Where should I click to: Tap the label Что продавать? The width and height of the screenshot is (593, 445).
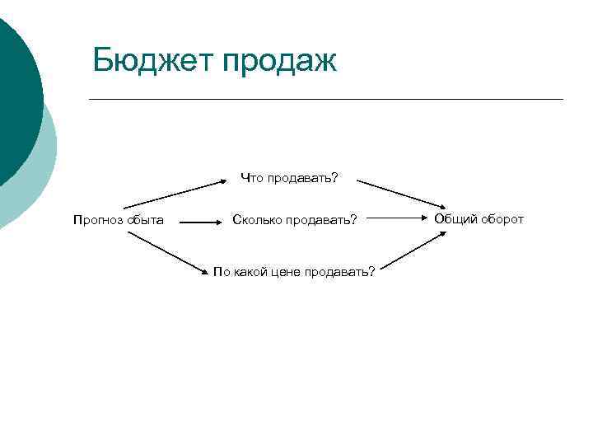289,177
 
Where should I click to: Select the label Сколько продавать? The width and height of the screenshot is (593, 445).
295,220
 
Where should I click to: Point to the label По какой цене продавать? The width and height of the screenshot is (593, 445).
294,271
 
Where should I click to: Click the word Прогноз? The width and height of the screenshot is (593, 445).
97,220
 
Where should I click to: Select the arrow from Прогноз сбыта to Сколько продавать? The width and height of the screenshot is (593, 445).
198,222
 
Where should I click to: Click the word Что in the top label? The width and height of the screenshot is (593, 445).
250,177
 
